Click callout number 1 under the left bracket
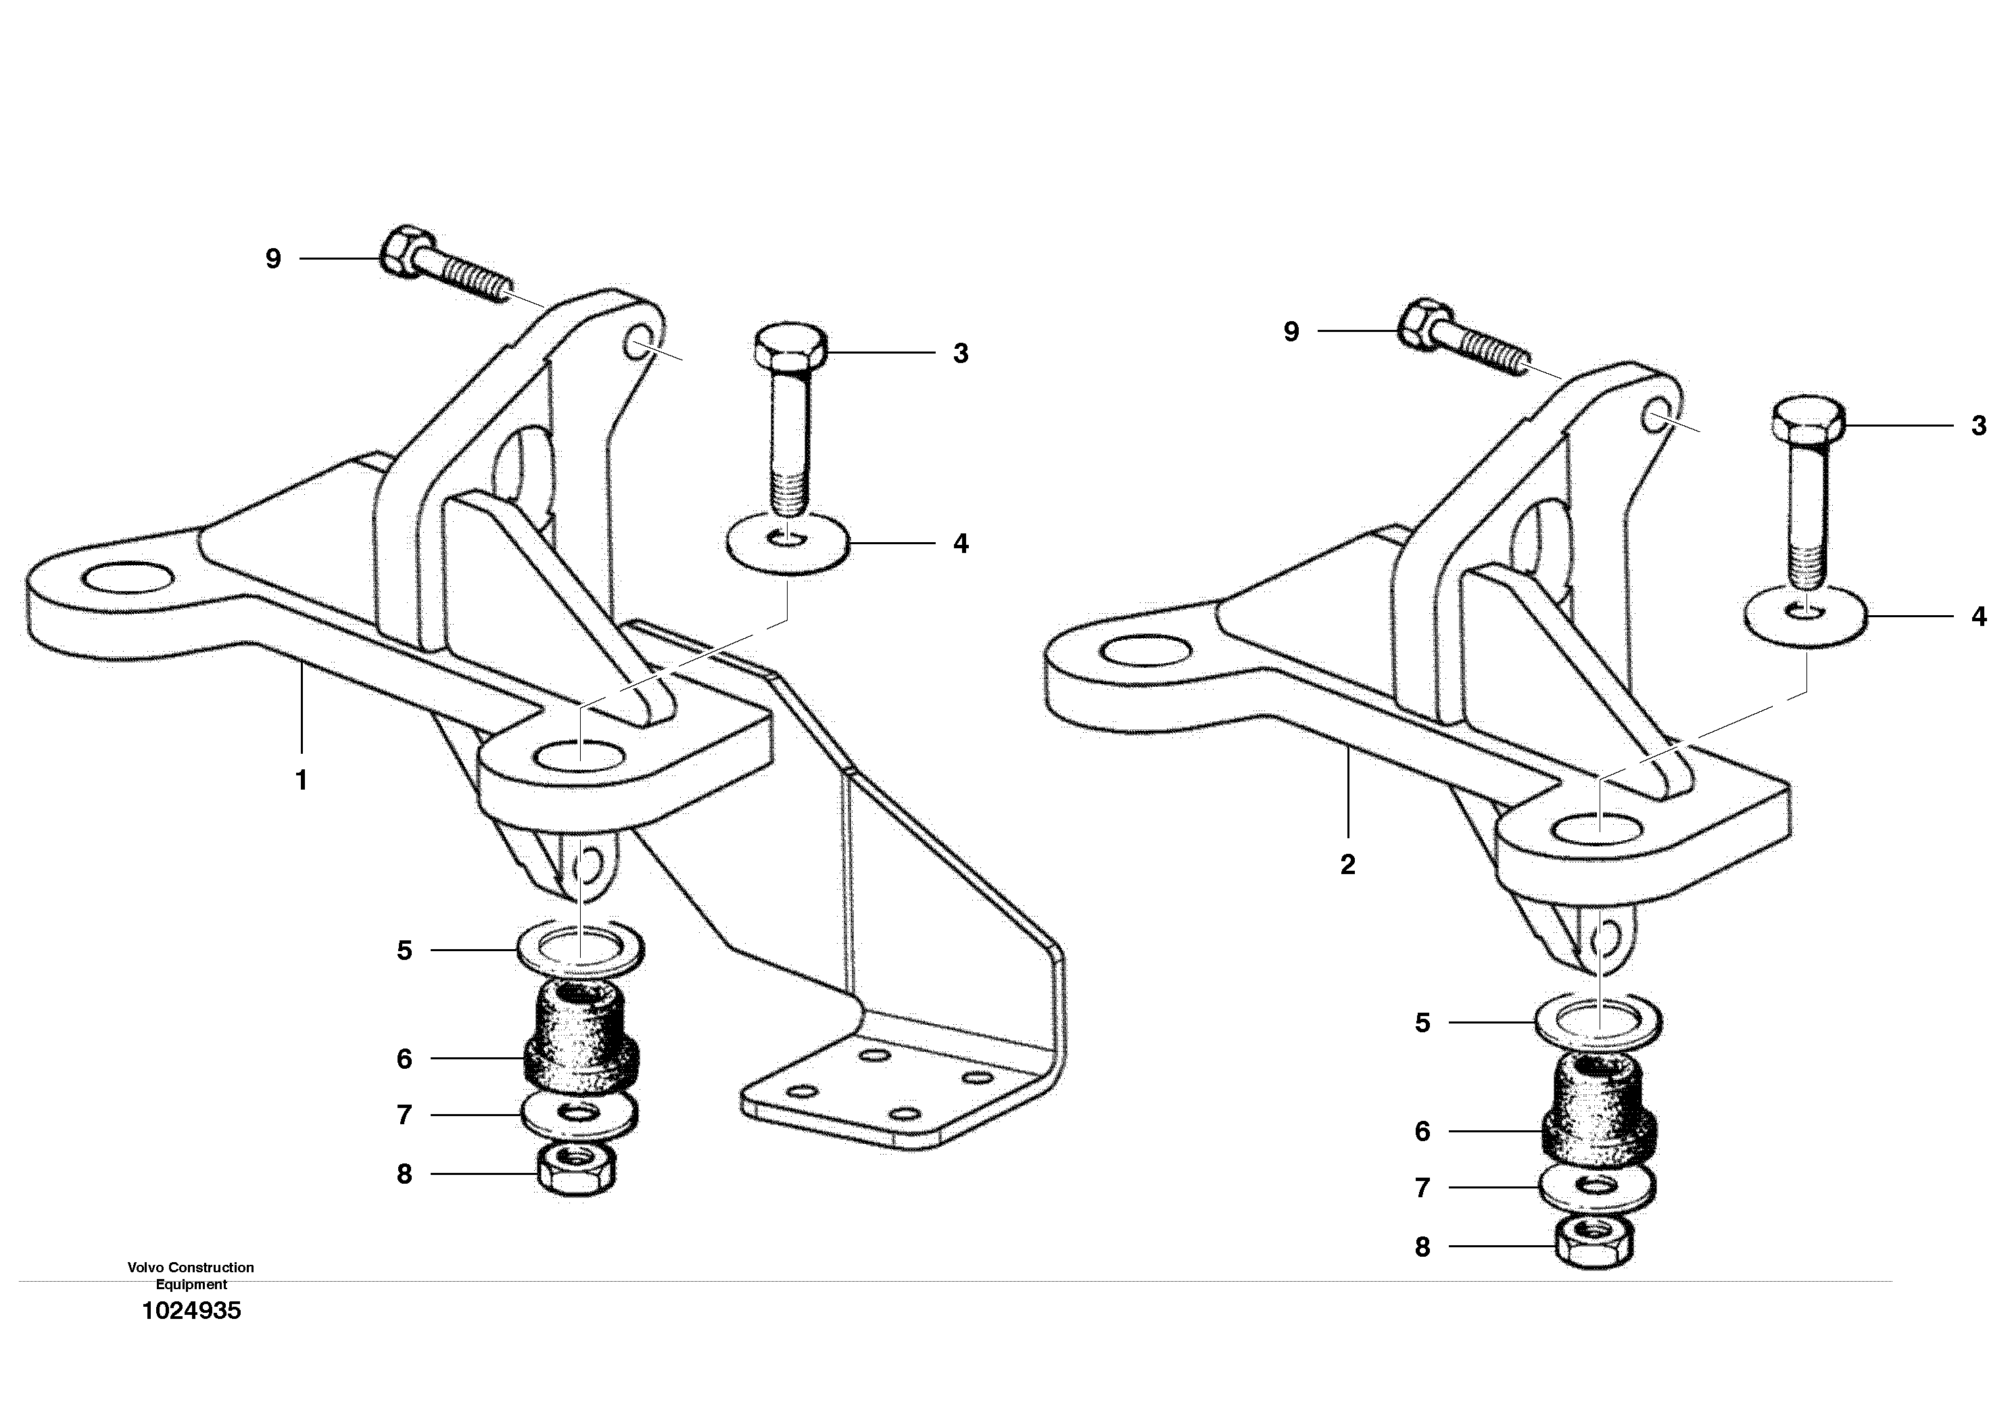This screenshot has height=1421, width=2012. click(302, 779)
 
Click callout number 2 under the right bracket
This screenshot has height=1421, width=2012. click(1348, 865)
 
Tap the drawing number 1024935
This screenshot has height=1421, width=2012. click(191, 1311)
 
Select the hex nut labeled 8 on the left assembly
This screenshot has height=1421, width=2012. click(576, 1167)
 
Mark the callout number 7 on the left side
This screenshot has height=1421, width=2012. click(404, 1115)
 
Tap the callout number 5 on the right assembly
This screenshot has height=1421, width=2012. click(1422, 1023)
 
